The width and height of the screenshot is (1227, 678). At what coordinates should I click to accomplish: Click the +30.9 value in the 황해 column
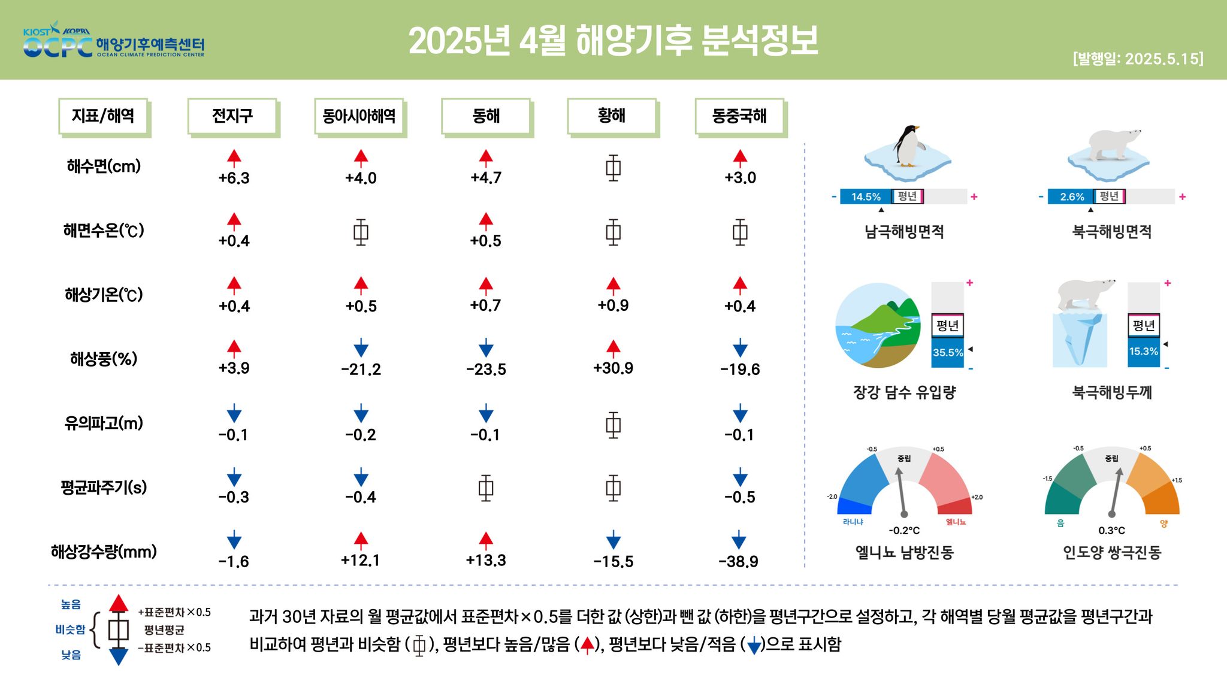pyautogui.click(x=613, y=368)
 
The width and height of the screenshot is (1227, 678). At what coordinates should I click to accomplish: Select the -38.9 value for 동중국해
pyautogui.click(x=739, y=561)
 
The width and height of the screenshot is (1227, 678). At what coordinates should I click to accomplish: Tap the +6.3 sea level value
pyautogui.click(x=234, y=178)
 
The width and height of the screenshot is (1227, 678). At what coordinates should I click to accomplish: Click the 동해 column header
pyautogui.click(x=486, y=116)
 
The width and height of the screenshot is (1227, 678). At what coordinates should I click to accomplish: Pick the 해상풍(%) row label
pyautogui.click(x=104, y=359)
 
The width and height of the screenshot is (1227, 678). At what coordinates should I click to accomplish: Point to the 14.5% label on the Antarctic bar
pyautogui.click(x=866, y=196)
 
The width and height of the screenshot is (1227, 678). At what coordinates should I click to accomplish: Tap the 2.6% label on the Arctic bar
pyautogui.click(x=1072, y=196)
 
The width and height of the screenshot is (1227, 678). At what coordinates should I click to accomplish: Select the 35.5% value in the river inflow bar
pyautogui.click(x=948, y=353)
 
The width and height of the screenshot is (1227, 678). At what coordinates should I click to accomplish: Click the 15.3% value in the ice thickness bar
pyautogui.click(x=1144, y=351)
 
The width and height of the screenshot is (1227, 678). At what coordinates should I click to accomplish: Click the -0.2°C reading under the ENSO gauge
pyautogui.click(x=904, y=531)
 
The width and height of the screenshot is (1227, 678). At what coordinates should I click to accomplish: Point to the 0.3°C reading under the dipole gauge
pyautogui.click(x=1112, y=531)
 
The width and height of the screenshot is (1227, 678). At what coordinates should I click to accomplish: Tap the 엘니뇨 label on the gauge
pyautogui.click(x=956, y=522)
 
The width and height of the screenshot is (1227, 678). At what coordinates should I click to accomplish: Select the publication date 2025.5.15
pyautogui.click(x=1162, y=59)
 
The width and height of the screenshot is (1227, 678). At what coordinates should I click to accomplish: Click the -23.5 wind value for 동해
pyautogui.click(x=486, y=370)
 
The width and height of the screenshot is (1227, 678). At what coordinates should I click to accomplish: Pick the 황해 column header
pyautogui.click(x=612, y=116)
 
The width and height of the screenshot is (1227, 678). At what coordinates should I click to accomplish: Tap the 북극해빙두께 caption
pyautogui.click(x=1112, y=392)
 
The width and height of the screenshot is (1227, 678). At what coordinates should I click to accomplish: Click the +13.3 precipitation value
pyautogui.click(x=486, y=560)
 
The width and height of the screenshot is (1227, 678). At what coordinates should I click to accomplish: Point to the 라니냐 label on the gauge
pyautogui.click(x=853, y=522)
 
